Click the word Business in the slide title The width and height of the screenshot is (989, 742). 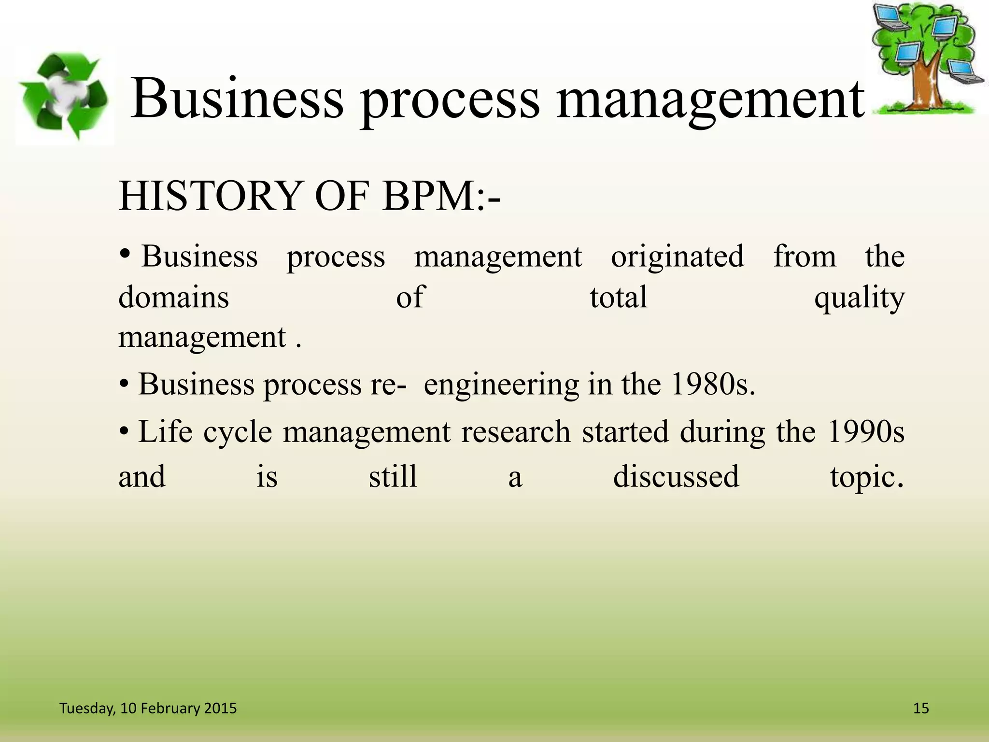[x=237, y=99]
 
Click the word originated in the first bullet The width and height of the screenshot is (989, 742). [x=677, y=256]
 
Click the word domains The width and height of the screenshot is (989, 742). [x=173, y=297]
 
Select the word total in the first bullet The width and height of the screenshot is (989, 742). [x=618, y=297]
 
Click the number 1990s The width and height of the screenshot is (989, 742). [x=865, y=431]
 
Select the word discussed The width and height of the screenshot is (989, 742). [x=676, y=476]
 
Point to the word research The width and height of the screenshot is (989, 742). [x=516, y=431]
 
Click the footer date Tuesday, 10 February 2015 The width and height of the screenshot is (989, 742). [x=148, y=708]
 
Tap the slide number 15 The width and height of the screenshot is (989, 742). [x=921, y=708]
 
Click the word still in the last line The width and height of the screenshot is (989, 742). [x=393, y=476]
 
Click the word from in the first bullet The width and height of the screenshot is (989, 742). [x=805, y=256]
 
